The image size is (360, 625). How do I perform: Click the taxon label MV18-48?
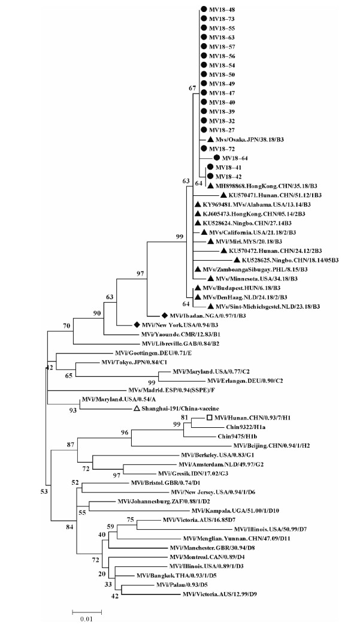tap(222, 10)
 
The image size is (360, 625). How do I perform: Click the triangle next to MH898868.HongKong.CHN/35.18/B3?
tap(210, 185)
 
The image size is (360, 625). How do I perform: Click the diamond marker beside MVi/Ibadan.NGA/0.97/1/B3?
tap(164, 315)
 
